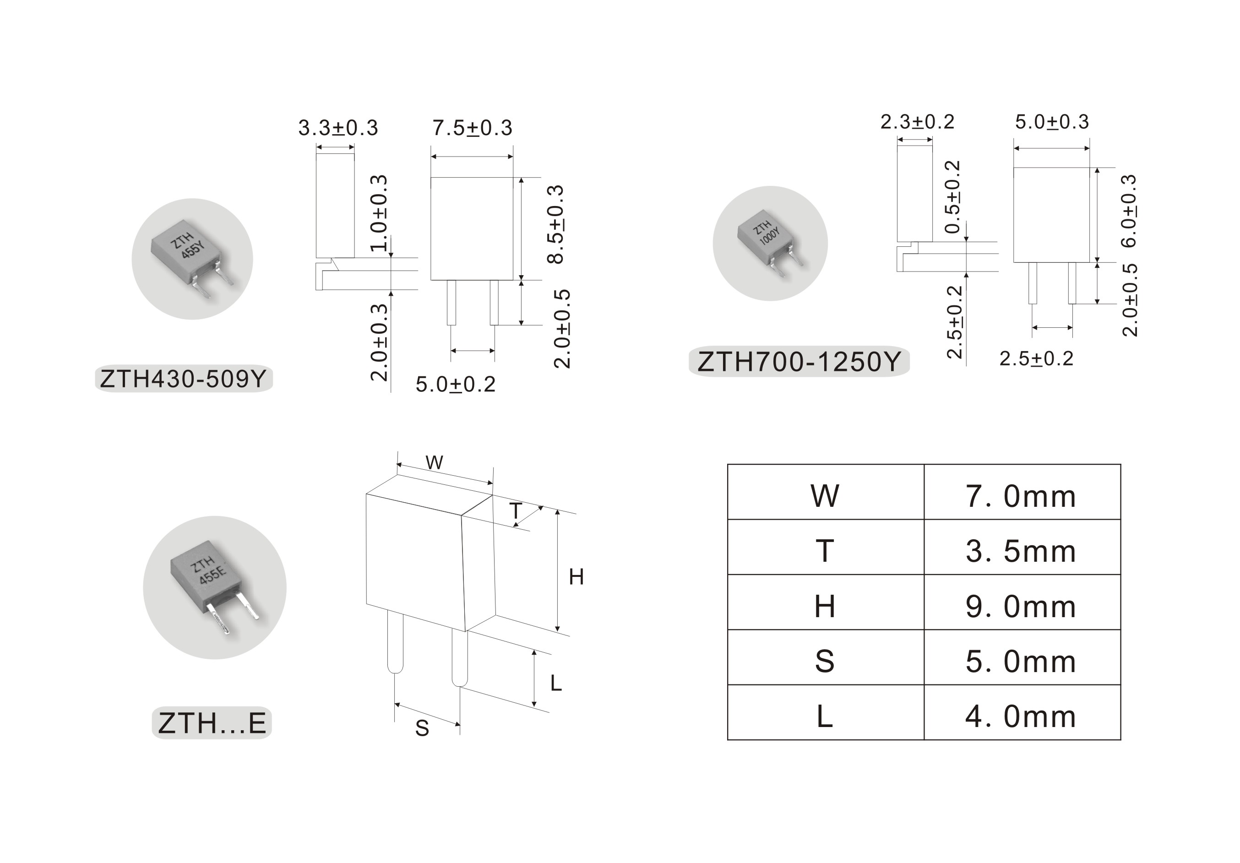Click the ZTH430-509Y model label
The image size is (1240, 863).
[x=184, y=379]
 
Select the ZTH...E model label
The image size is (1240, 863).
[x=212, y=722]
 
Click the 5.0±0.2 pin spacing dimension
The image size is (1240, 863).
[x=455, y=385]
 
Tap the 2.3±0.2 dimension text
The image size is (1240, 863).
[x=918, y=121]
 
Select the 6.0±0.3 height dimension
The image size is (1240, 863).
[x=1129, y=211]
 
